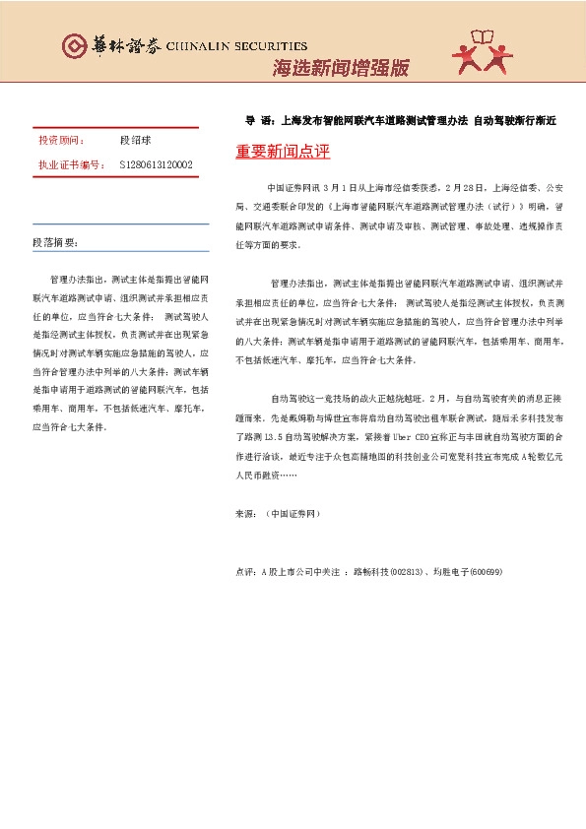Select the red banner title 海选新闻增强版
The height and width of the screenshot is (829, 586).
pos(340,69)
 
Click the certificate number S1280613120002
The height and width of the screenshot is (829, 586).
pos(156,164)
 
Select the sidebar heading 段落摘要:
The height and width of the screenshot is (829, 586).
pos(54,242)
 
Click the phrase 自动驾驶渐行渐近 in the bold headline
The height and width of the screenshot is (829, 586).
pos(515,121)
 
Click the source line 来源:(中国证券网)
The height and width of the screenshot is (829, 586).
pos(278,514)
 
